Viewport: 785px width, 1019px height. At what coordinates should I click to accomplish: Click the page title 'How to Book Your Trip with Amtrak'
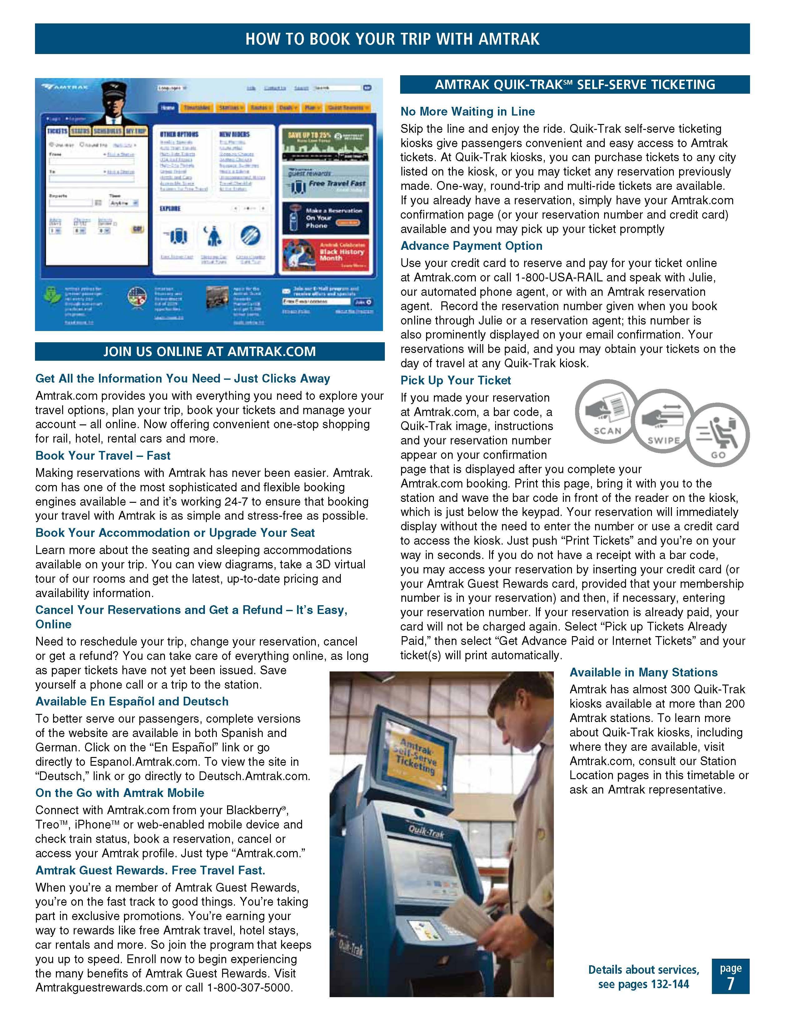tap(392, 39)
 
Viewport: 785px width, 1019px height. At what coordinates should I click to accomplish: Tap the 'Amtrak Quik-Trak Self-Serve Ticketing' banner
tap(574, 84)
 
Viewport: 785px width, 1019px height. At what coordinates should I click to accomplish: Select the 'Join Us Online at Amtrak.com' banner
tap(210, 351)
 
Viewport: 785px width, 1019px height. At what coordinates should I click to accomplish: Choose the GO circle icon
tap(718, 435)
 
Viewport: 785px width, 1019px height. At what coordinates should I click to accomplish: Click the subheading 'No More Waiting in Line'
tap(468, 111)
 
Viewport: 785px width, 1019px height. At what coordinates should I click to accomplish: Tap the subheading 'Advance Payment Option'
tap(471, 246)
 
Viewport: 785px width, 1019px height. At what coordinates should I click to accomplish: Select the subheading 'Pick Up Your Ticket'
tap(455, 380)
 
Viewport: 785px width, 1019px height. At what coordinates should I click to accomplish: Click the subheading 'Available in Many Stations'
tap(643, 672)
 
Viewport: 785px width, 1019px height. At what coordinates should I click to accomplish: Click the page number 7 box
tap(730, 976)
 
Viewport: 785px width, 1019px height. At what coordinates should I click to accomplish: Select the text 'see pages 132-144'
tap(643, 984)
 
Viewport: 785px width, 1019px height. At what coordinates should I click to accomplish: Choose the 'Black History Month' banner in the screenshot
tap(325, 255)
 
